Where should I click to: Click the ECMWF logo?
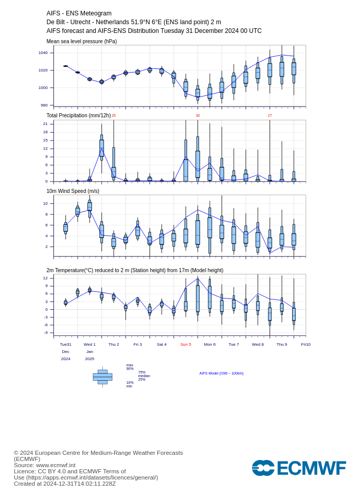(x=299, y=468)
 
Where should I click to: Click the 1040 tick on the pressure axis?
(x=43, y=53)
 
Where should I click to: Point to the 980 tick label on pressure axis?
(x=44, y=105)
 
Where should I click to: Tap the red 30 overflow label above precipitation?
(x=198, y=116)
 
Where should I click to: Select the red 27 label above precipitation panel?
(x=269, y=116)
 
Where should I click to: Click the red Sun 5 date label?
(x=186, y=345)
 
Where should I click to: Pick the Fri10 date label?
(x=306, y=345)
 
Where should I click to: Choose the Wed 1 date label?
(x=89, y=345)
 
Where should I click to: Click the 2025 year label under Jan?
(x=89, y=359)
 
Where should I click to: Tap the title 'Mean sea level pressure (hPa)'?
(x=82, y=42)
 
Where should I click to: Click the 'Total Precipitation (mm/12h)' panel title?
(x=79, y=115)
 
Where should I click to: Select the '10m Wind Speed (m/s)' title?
(x=73, y=191)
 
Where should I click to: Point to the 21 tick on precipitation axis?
(x=45, y=124)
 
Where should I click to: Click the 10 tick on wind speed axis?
(x=45, y=204)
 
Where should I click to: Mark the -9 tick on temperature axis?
(x=46, y=332)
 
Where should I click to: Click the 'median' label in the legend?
(x=144, y=376)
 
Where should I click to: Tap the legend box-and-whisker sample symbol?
(x=103, y=377)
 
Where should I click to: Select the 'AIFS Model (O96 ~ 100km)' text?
(x=222, y=374)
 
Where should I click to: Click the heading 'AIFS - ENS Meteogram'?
(x=79, y=13)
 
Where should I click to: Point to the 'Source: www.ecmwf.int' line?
(x=45, y=465)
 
